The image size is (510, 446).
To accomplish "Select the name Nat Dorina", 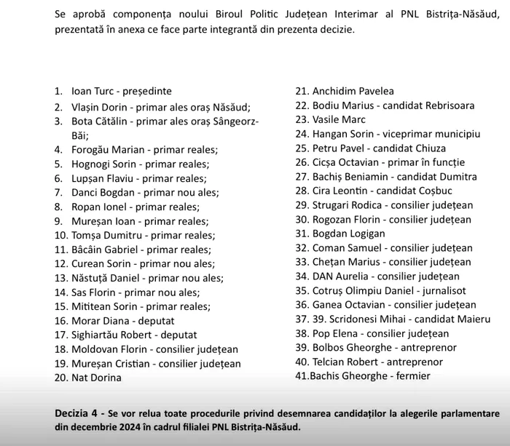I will [x=96, y=378].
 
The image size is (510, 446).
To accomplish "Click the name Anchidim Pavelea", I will [x=353, y=92].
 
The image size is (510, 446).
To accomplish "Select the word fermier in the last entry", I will [x=409, y=376].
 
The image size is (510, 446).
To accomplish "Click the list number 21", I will [x=302, y=92].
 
